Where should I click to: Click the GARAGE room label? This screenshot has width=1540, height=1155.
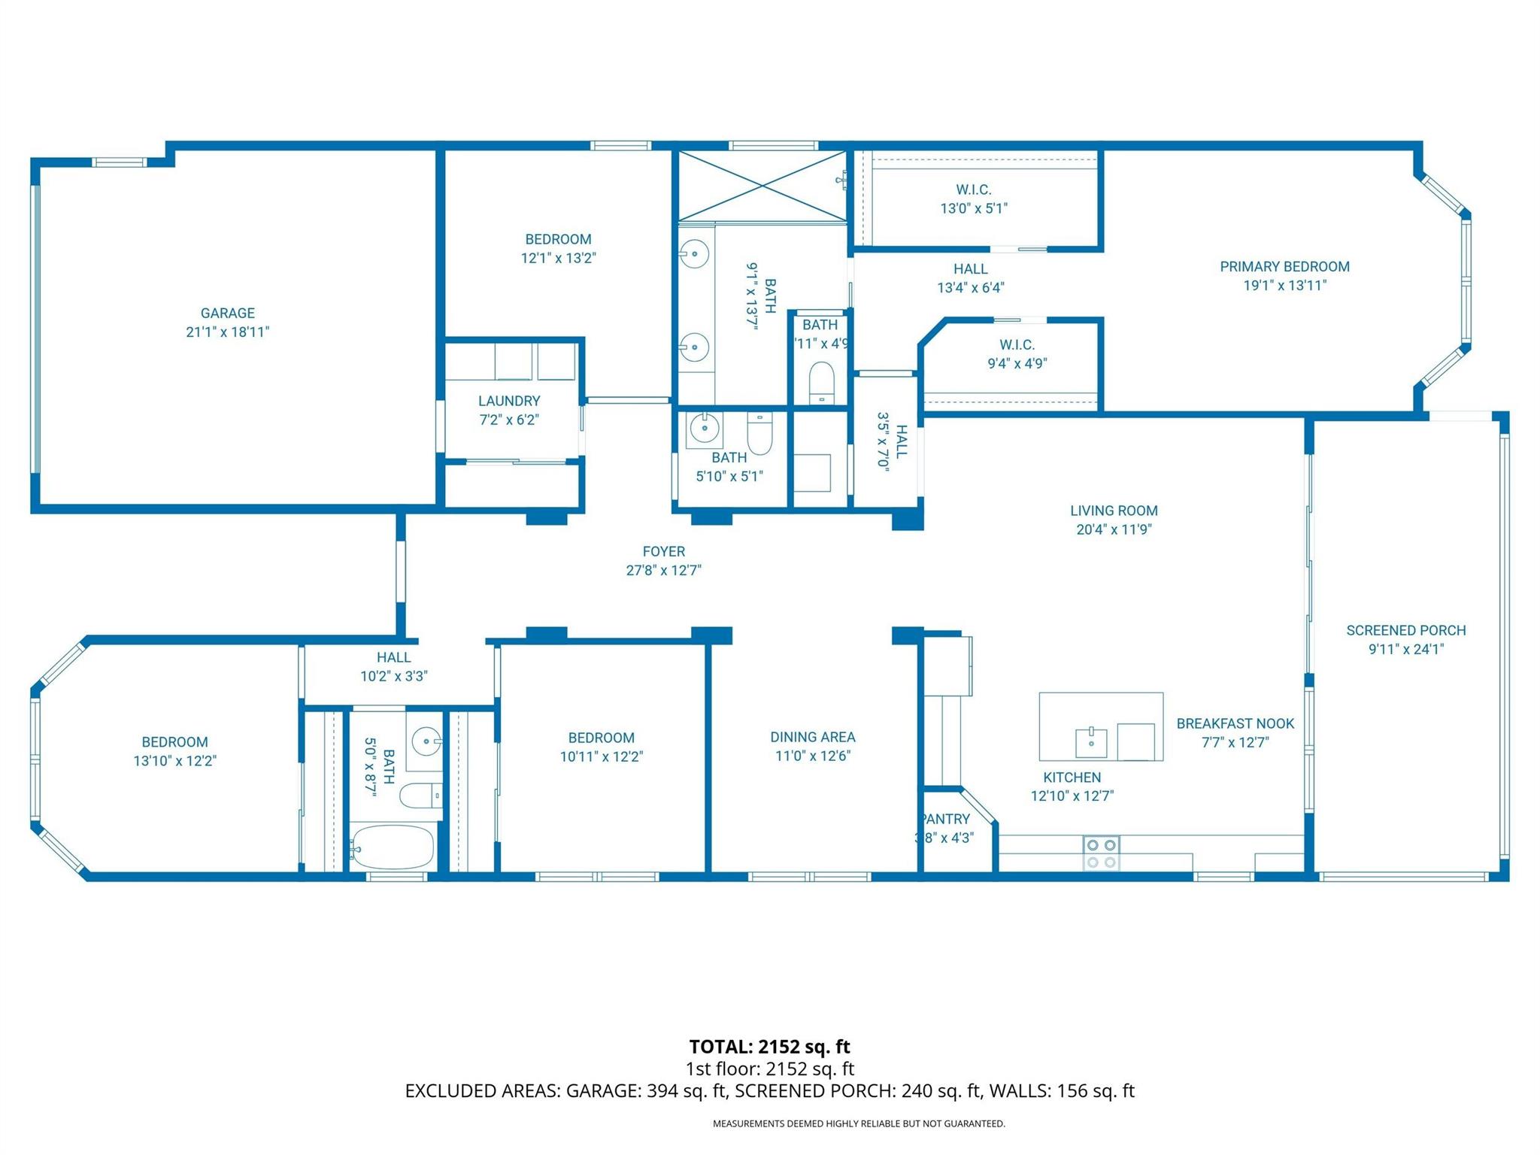tap(227, 313)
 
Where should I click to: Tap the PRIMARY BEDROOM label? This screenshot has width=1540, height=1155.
tap(1284, 266)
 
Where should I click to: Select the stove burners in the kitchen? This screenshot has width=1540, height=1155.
tap(1101, 853)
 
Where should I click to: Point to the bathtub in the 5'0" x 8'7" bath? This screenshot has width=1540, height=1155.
tap(393, 847)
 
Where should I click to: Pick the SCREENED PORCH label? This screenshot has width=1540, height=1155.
tap(1405, 630)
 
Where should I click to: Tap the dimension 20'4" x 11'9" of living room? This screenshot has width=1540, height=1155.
tap(1114, 529)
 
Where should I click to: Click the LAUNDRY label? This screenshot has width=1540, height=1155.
tap(509, 401)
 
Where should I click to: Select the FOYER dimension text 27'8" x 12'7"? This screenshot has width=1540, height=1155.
tap(663, 570)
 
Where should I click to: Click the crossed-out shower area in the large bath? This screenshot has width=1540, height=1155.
tap(762, 186)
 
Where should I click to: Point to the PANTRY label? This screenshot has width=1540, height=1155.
tap(946, 819)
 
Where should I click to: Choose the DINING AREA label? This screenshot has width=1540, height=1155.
tap(812, 737)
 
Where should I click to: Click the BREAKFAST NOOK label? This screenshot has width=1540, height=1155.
tap(1235, 723)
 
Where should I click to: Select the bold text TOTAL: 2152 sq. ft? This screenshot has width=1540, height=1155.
tap(769, 1047)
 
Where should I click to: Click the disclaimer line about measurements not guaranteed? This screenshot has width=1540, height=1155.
tap(859, 1123)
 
